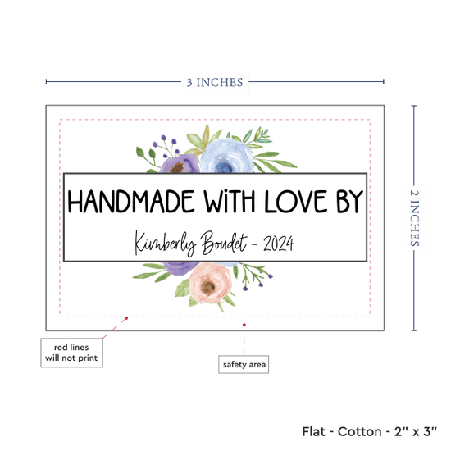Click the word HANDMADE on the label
point(131,202)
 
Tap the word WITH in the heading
point(230,202)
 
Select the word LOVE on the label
point(296,202)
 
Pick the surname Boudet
point(224,244)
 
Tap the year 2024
point(279,244)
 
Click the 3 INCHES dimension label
point(215,83)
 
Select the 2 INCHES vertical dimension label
point(414,218)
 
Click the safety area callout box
point(244,364)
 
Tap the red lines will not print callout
point(71,353)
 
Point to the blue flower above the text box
point(226,157)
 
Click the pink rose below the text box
point(210,283)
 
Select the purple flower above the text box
point(180,164)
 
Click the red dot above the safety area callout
point(244,325)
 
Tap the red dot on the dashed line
point(126,318)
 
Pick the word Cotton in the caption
point(359,431)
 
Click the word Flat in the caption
point(313,431)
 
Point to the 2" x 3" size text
point(416,431)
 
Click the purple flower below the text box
point(180,268)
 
